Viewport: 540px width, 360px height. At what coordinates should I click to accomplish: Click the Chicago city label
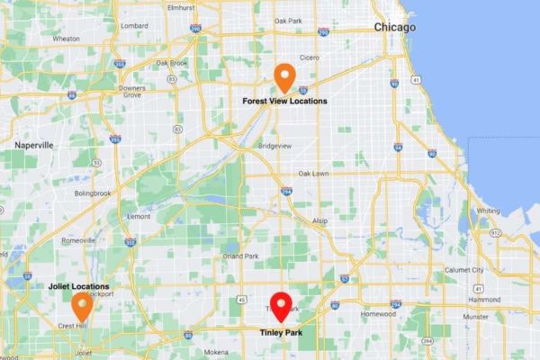(395, 28)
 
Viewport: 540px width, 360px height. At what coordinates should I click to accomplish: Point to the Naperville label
(35, 144)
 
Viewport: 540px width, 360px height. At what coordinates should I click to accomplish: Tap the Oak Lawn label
(314, 173)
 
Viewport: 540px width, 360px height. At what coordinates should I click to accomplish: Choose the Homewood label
(378, 315)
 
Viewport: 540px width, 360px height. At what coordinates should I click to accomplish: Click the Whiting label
(488, 211)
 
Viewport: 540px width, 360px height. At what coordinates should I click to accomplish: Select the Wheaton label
(66, 40)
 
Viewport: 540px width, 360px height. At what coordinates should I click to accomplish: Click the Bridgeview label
(274, 144)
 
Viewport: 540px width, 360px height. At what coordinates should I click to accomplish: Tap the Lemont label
(139, 217)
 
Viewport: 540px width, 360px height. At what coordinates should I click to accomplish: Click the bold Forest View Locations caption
(284, 102)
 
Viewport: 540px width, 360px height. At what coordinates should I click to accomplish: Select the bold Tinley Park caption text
(282, 331)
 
